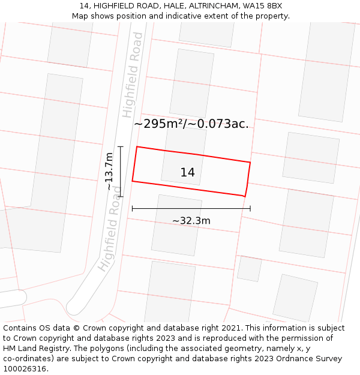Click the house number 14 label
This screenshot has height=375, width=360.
[x=187, y=173]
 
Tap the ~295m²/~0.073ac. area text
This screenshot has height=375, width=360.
[x=191, y=124]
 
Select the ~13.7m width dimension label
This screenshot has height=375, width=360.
[x=109, y=171]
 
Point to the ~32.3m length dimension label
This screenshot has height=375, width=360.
[x=191, y=221]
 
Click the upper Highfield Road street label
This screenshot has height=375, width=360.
[x=133, y=75]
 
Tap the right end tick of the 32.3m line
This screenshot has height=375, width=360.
[x=250, y=209]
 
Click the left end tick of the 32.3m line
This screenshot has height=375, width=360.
[x=132, y=209]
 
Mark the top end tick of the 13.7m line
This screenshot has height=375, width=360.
[x=121, y=146]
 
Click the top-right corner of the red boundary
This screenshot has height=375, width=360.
[x=250, y=162]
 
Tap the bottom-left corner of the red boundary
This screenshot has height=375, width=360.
[x=132, y=181]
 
